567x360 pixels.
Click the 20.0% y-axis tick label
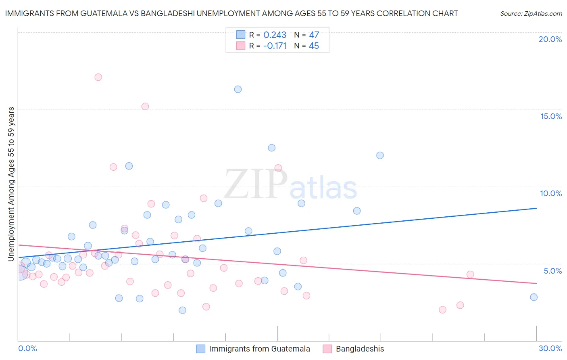pos(550,39)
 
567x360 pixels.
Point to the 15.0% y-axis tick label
pos(551,116)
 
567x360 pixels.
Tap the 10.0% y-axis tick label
pos(551,193)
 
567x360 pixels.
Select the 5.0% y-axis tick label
pos(552,271)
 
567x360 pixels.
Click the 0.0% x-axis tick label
pos(27,348)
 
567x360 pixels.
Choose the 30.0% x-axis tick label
pos(550,348)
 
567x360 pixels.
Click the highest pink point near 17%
pos(98,77)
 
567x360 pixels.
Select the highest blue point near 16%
pos(238,89)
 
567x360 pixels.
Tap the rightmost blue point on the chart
pos(534,297)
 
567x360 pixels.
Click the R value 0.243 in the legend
pos(275,35)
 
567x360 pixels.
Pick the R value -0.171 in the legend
pos(275,46)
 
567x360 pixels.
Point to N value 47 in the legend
pos(314,35)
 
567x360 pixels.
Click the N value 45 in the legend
pos(314,46)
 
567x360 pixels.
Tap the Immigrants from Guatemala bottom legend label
pos(259,349)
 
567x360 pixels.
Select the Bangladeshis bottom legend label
pos(360,349)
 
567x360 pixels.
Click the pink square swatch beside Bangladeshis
pos(327,349)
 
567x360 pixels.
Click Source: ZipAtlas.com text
pos(531,13)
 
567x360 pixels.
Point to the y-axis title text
pos(11,184)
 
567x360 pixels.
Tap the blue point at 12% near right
pos(380,155)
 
